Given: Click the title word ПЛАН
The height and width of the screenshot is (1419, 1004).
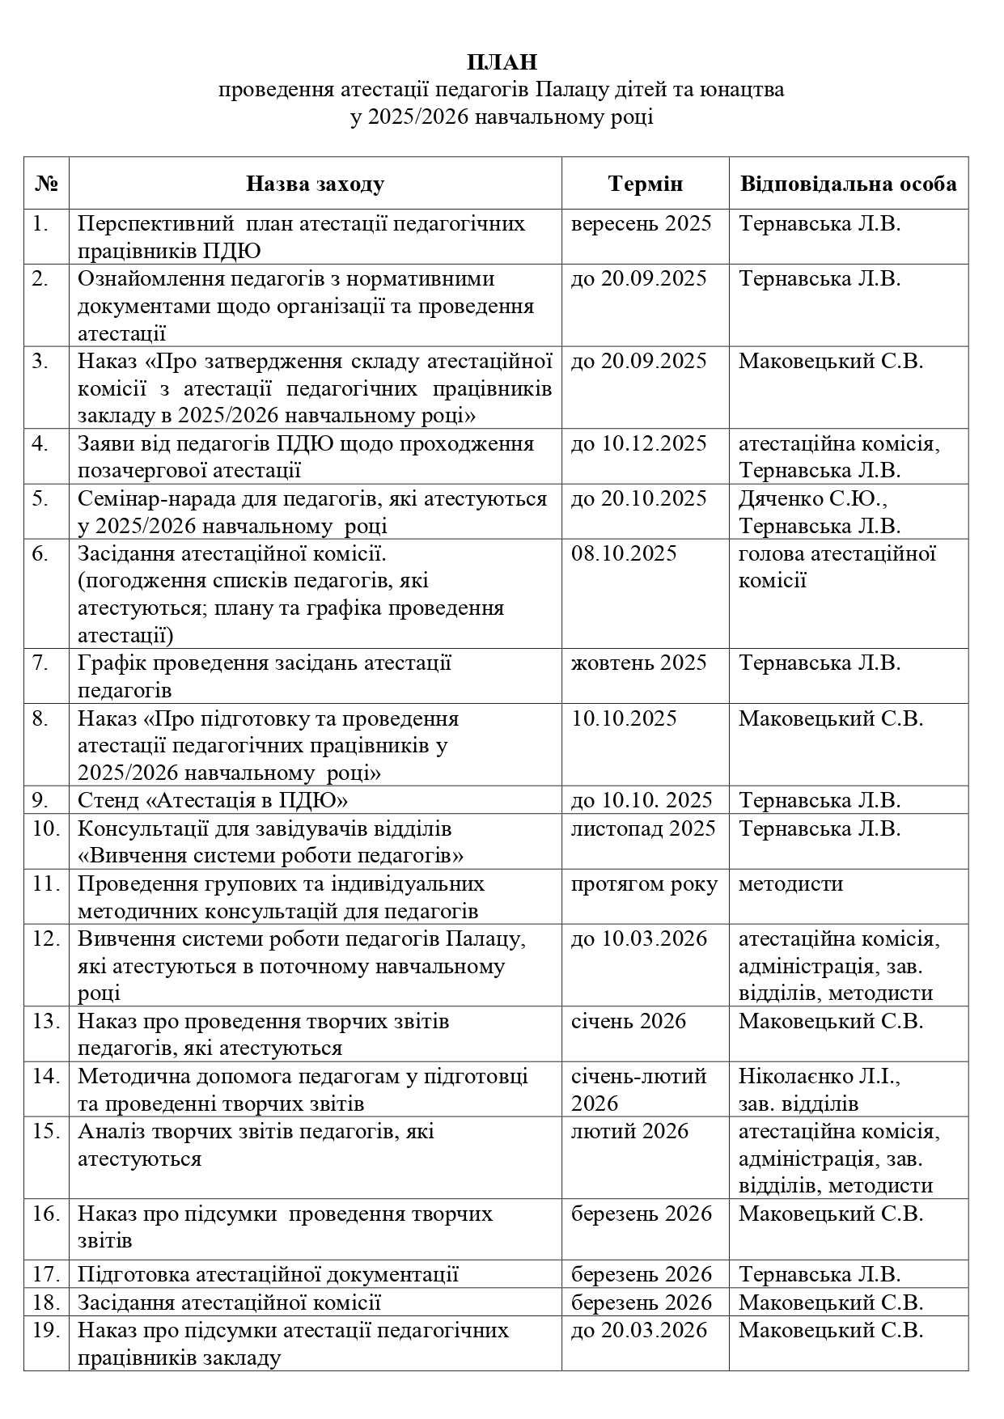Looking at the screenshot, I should click(502, 62).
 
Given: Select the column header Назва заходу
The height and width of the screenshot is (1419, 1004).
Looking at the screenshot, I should click(315, 184).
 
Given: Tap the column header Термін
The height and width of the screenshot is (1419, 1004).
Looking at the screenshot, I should click(645, 184).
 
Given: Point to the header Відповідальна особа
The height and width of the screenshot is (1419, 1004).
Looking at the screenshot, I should click(848, 184).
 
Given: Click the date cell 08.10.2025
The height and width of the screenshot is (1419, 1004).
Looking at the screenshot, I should click(624, 554).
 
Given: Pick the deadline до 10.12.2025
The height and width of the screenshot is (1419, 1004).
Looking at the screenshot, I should click(638, 443).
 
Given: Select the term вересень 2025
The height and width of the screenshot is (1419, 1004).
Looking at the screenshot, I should click(641, 223).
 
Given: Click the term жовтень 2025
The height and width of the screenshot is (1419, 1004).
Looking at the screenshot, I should click(638, 663).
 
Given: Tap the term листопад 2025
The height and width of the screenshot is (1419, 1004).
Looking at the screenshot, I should click(643, 828).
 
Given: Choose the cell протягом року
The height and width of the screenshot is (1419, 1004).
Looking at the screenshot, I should click(644, 884).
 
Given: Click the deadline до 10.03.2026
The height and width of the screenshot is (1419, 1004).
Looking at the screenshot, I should click(638, 939).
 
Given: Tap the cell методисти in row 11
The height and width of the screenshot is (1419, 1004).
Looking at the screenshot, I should click(790, 884).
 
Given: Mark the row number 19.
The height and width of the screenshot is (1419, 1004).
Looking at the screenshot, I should click(46, 1330).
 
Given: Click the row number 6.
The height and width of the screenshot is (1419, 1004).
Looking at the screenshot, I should click(40, 554).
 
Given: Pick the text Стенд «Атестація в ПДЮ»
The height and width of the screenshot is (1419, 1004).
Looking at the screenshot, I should click(213, 800).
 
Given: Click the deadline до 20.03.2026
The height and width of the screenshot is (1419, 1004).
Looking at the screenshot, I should click(638, 1330).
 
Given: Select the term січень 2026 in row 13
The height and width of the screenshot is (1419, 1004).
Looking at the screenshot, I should click(628, 1021).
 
